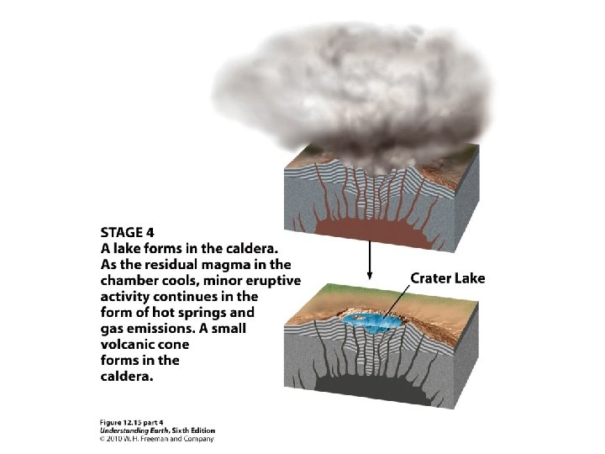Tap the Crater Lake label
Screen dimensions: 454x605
[447, 277]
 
